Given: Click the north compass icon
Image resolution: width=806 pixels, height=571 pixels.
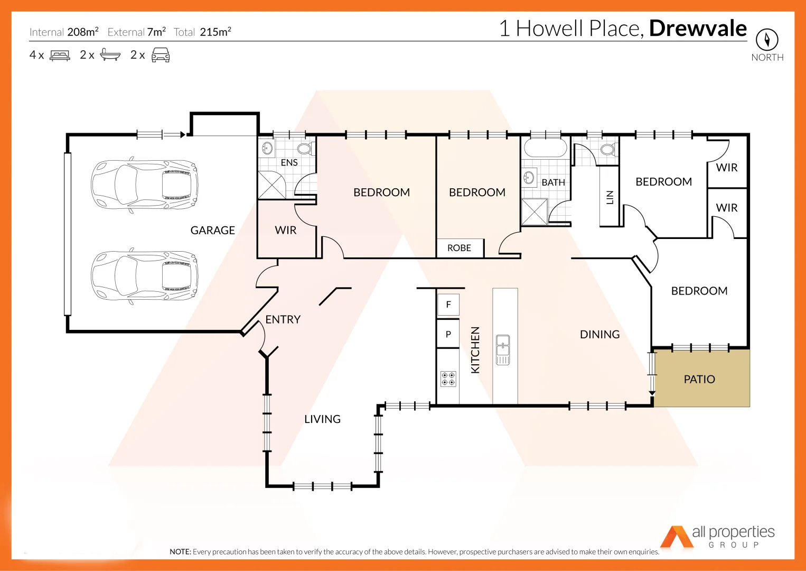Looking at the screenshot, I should [767, 40].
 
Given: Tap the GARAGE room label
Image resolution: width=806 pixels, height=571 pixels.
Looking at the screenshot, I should [212, 230].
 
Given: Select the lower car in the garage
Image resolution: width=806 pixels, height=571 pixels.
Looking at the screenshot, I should [144, 276].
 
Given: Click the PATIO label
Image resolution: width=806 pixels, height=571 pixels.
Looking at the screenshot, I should [699, 379].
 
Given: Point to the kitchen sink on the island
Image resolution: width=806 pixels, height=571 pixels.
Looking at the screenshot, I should [503, 349].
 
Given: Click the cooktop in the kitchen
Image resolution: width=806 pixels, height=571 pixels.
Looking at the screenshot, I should [448, 379].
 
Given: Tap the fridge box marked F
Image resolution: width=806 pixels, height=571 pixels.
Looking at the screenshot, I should [448, 305].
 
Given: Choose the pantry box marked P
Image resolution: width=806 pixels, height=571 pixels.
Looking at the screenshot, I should [448, 334].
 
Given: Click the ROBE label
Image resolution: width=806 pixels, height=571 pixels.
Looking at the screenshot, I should [459, 248].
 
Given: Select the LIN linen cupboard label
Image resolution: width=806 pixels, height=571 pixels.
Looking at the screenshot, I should [610, 197].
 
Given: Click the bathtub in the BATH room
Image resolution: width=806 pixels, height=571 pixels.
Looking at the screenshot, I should [545, 148].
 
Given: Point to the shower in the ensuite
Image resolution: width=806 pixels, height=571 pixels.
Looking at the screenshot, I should [271, 185].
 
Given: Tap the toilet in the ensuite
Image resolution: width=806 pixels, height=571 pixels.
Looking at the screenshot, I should [304, 148].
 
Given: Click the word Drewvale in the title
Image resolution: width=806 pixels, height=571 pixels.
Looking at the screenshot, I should [698, 29].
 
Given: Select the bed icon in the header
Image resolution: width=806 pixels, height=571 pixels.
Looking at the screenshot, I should [60, 55].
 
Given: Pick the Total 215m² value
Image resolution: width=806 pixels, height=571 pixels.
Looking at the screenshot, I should [215, 32].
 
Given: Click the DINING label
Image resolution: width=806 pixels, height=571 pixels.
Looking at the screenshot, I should [599, 334].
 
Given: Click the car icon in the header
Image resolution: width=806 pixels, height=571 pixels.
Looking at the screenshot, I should [161, 55].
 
